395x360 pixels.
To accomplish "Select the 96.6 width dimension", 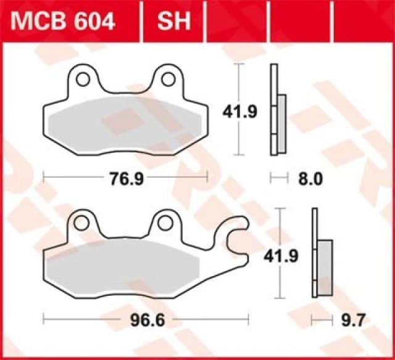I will click(x=146, y=320).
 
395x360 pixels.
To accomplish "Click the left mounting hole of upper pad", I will click(x=83, y=79).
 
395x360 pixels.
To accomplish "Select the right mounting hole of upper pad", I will click(x=167, y=79).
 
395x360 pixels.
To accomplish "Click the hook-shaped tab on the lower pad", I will click(x=236, y=238).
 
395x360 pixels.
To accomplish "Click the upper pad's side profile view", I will click(x=278, y=111).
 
